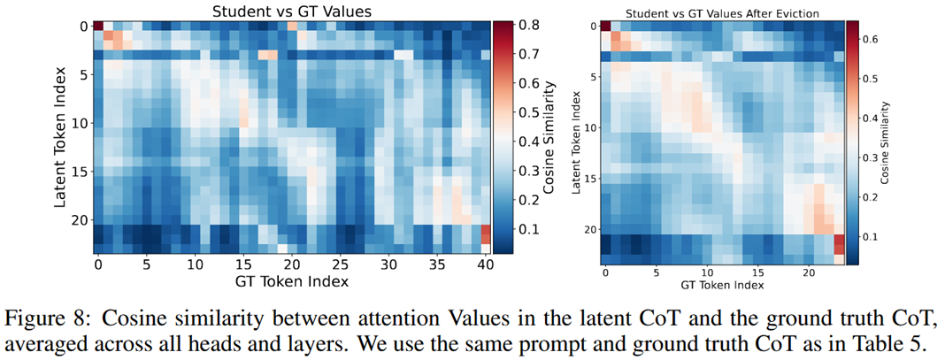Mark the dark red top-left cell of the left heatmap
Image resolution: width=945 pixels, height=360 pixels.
pos(97,27)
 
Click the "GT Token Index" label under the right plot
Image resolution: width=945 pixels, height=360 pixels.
pos(722,286)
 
